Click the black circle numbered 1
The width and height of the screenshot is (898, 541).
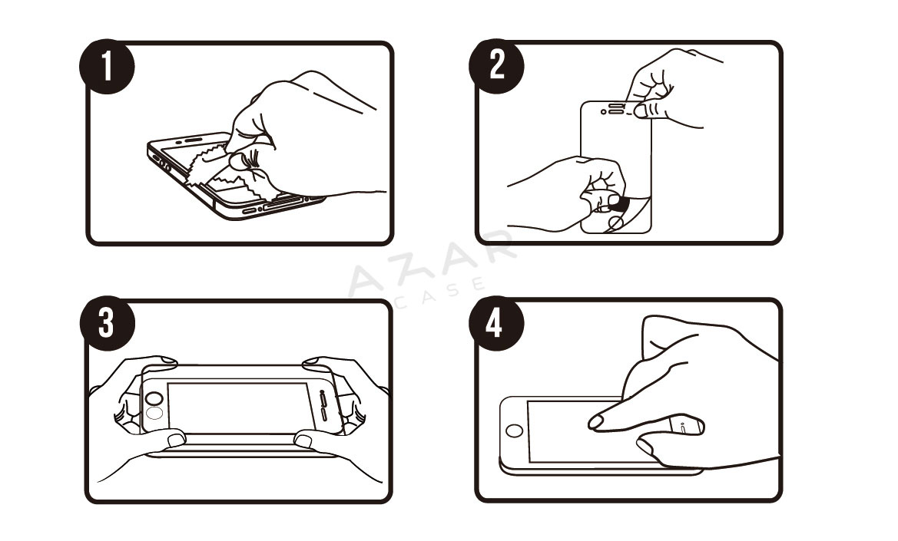pos(107,66)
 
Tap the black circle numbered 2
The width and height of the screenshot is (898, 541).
pos(496,66)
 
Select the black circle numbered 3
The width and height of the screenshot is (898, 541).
pos(107,323)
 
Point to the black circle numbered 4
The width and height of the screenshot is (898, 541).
pos(496,323)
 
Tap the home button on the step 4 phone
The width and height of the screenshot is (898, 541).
pos(514,430)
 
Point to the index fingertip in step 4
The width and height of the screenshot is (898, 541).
pos(595,423)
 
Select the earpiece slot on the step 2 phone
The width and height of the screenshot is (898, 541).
pos(615,106)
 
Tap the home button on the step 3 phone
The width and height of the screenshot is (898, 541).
pos(154,398)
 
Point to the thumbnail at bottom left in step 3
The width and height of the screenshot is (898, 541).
pos(176,439)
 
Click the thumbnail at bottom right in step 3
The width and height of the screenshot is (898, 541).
pos(303,440)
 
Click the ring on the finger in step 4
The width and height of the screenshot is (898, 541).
pos(685,425)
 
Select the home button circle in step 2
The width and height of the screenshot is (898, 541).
pos(616,222)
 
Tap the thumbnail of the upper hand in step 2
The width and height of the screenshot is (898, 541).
pos(641,111)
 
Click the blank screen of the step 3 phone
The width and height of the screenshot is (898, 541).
pos(237,408)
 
